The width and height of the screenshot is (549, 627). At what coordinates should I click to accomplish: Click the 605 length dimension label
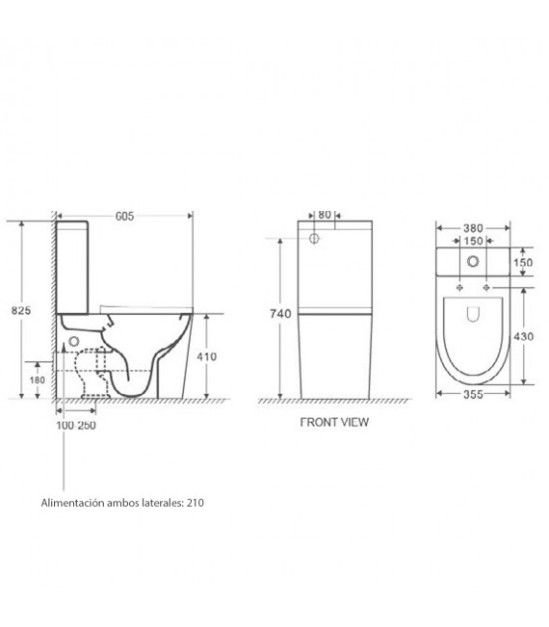coord(124,217)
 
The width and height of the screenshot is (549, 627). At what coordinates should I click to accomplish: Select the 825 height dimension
coord(21,310)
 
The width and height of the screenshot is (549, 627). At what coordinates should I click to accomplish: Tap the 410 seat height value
coord(207,356)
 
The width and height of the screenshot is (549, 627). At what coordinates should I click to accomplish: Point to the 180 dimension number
coord(38,379)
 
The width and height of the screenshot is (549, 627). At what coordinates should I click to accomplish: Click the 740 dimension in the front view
coord(280,314)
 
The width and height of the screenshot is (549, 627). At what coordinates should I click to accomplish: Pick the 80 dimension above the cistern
coord(325,215)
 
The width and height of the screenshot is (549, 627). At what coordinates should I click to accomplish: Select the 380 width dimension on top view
coord(473,228)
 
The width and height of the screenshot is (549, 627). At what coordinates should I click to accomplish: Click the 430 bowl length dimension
coord(523,337)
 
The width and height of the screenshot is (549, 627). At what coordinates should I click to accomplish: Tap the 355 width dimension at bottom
coord(473,394)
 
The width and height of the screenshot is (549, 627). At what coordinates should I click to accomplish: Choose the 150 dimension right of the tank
coord(523,263)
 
